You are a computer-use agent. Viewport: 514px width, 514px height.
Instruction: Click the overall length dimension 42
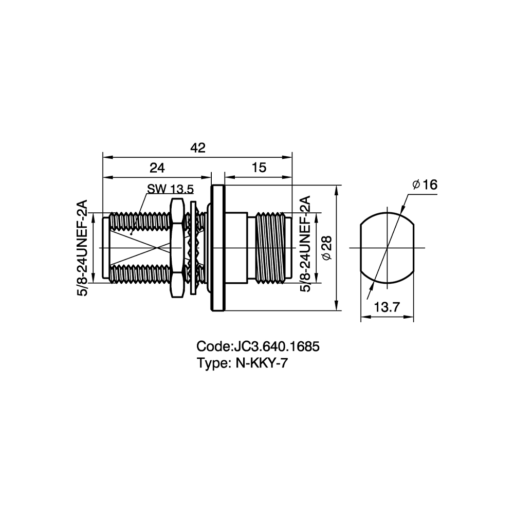pyautogui.click(x=198, y=148)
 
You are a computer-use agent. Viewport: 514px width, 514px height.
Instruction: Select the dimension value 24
pyautogui.click(x=157, y=168)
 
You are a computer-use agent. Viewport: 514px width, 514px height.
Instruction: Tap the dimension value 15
pyautogui.click(x=259, y=168)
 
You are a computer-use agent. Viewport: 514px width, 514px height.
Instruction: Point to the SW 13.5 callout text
pyautogui.click(x=171, y=189)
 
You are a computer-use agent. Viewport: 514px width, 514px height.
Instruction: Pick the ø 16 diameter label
pyautogui.click(x=425, y=185)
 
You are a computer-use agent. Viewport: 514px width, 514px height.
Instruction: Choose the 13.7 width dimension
pyautogui.click(x=387, y=307)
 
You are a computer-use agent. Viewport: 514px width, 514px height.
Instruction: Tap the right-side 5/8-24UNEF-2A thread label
pyautogui.click(x=305, y=244)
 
